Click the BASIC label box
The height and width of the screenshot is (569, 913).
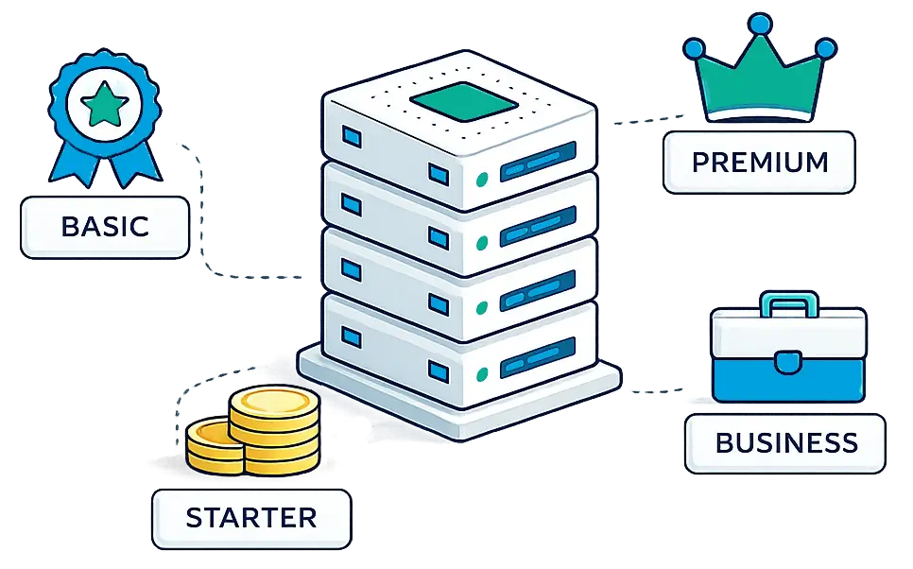click(105, 227)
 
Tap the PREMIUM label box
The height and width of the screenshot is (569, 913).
click(759, 162)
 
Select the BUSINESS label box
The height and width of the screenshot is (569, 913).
click(785, 443)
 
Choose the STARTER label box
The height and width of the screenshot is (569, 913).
click(251, 518)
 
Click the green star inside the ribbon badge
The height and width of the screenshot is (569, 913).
click(105, 105)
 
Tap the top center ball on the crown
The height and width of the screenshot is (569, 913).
click(759, 24)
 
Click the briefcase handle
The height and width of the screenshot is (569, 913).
click(789, 302)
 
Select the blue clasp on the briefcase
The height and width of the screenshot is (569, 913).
click(788, 362)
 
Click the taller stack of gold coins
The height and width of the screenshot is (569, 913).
click(275, 430)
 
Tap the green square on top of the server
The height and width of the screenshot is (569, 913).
click(464, 102)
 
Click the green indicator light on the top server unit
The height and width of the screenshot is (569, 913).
click(481, 180)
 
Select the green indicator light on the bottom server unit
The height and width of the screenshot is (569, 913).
click(481, 374)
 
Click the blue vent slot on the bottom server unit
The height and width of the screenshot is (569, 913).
click(538, 355)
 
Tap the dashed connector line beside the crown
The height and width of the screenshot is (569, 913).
click(648, 120)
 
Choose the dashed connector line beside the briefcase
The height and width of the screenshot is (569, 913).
click(657, 390)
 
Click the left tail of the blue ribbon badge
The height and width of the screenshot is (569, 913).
click(70, 160)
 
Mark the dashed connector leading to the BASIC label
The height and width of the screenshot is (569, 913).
click(203, 221)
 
